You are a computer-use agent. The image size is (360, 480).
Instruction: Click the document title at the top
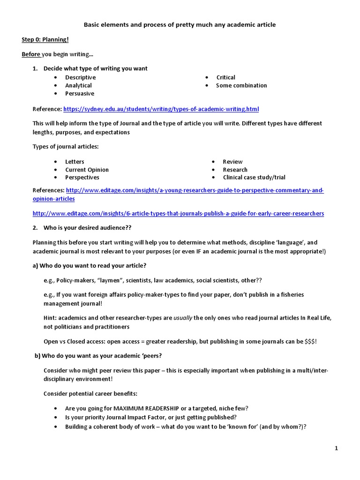click(180, 24)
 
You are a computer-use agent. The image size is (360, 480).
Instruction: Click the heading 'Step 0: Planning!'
click(45, 40)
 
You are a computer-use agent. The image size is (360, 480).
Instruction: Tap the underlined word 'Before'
click(31, 54)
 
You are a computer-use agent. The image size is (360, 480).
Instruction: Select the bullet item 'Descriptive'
click(80, 77)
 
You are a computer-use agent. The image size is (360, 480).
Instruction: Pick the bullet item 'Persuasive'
click(79, 93)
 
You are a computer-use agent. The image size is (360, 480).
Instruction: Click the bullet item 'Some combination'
click(241, 85)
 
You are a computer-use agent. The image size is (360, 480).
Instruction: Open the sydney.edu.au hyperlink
click(160, 109)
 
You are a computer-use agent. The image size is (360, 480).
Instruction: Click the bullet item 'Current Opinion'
click(87, 170)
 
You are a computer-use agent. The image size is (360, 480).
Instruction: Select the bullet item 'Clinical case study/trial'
click(254, 178)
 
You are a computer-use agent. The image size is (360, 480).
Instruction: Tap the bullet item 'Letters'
click(75, 162)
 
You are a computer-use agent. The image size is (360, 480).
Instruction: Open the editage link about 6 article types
click(178, 213)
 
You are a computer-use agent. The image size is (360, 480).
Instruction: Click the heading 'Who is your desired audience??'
click(87, 228)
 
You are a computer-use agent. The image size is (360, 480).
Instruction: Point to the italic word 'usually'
click(183, 318)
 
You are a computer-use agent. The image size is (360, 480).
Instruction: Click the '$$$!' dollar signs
click(310, 342)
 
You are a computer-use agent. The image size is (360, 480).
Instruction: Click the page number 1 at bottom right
click(336, 449)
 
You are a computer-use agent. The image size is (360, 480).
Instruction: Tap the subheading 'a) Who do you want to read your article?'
click(90, 266)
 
